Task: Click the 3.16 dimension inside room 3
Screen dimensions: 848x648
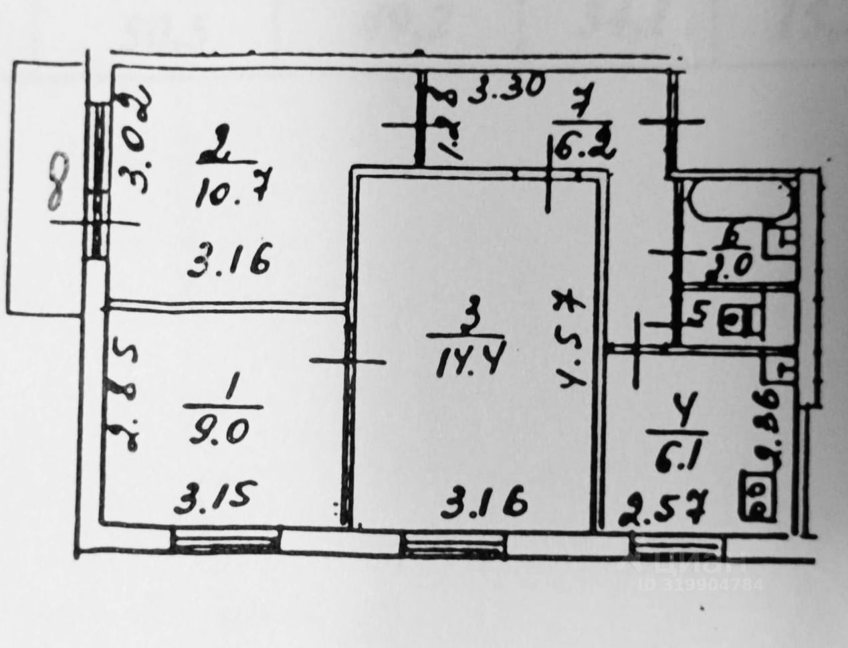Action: (484, 499)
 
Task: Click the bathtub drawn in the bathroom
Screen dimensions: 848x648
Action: (740, 199)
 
